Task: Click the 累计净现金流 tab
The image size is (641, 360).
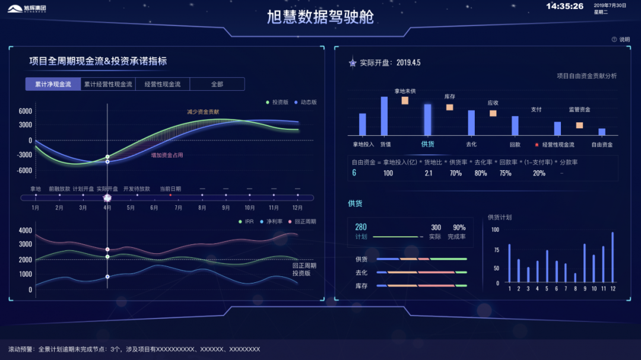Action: pos(53,84)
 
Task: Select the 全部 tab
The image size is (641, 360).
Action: pos(217,84)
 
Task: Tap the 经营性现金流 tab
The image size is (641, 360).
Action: pos(163,84)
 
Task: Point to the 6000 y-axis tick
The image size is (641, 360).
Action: pos(25,111)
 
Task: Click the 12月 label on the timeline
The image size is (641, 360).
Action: pos(297,208)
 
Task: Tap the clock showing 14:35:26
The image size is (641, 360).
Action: pos(564,7)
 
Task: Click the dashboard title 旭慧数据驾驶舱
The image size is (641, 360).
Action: pos(320,17)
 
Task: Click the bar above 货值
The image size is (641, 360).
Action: pos(384,116)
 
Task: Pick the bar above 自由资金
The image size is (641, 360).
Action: pos(602,132)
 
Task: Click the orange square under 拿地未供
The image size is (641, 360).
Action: pos(405,100)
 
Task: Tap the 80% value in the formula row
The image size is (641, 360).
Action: pos(481,173)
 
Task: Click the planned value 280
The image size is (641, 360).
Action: pos(361,227)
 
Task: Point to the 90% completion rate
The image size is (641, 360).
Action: pos(459,227)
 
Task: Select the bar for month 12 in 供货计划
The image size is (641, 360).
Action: pos(613,257)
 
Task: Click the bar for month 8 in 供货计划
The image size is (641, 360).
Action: pos(575,278)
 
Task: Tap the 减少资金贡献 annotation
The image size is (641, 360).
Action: pos(203,111)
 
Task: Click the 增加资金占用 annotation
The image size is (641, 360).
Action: pos(167,155)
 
